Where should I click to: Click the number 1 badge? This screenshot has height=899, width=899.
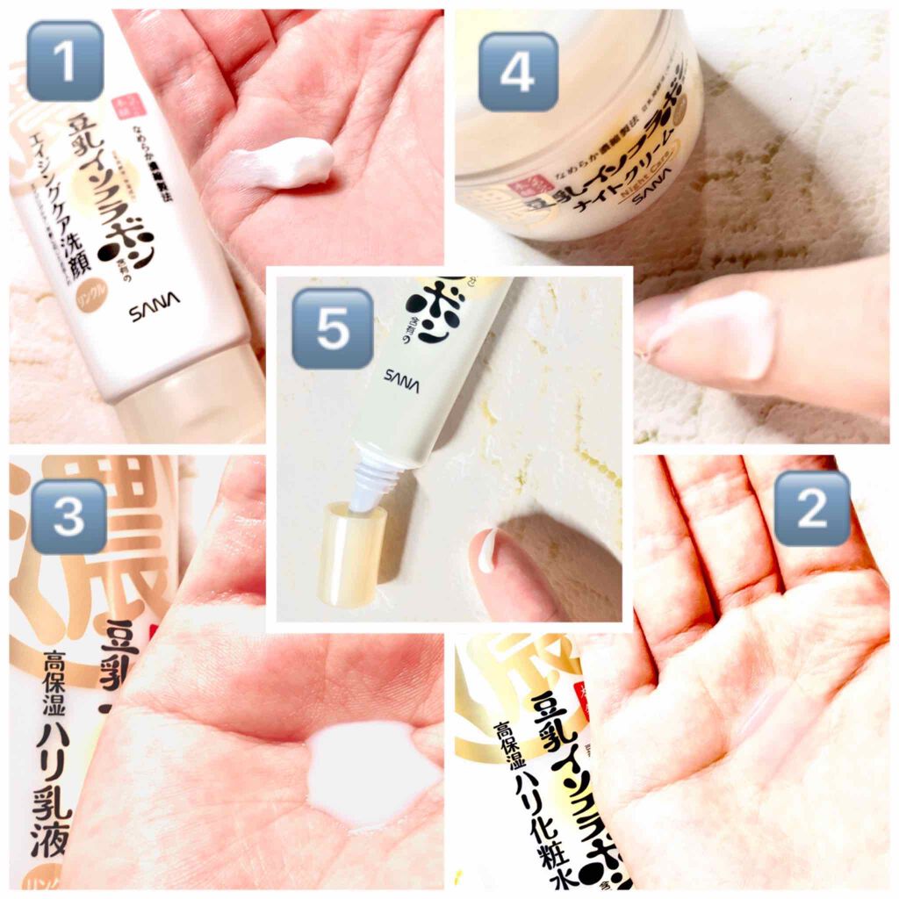(x=64, y=61)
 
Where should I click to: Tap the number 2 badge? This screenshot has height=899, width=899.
(x=811, y=508)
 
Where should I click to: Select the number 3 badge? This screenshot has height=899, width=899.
(x=68, y=517)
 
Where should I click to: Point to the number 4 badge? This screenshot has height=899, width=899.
(x=517, y=72)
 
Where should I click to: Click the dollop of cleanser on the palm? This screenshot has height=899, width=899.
(x=283, y=163)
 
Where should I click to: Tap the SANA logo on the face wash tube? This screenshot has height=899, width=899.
(x=155, y=310)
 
